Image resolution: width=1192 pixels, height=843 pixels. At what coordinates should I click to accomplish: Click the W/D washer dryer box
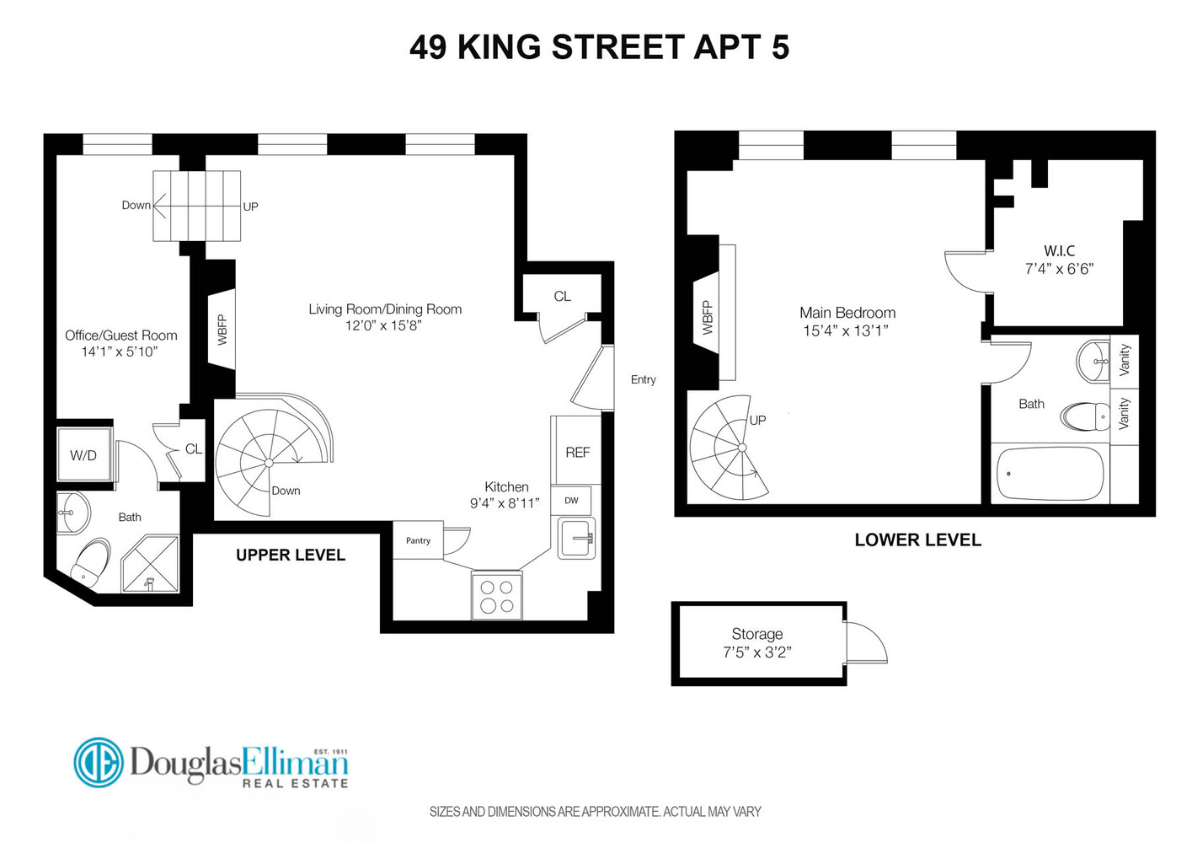pyautogui.click(x=83, y=455)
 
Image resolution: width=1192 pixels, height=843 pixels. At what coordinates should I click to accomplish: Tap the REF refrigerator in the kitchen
pyautogui.click(x=577, y=452)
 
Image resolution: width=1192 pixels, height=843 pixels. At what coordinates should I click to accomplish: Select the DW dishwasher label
pyautogui.click(x=571, y=500)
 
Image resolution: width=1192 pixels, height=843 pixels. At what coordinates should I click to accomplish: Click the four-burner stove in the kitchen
pyautogui.click(x=496, y=595)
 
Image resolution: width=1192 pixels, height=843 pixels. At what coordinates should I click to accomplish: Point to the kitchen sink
pyautogui.click(x=577, y=538)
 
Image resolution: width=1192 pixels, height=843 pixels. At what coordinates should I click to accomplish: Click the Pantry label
pyautogui.click(x=418, y=540)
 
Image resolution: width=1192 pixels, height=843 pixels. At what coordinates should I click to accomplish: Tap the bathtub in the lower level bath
pyautogui.click(x=1050, y=474)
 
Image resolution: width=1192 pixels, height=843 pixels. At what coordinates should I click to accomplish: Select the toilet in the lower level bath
pyautogui.click(x=1086, y=416)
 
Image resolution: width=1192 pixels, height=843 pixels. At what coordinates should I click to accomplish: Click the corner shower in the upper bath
pyautogui.click(x=150, y=563)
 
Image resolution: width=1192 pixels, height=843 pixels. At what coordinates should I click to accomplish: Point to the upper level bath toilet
pyautogui.click(x=90, y=562)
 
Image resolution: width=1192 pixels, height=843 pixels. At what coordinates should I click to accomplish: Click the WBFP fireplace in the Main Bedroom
pyautogui.click(x=707, y=318)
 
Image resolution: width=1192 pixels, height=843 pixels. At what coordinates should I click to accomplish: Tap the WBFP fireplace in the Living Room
pyautogui.click(x=222, y=329)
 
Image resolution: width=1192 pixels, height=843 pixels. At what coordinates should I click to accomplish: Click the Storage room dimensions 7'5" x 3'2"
pyautogui.click(x=756, y=652)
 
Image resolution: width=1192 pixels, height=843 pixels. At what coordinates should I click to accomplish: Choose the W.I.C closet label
pyautogui.click(x=1059, y=250)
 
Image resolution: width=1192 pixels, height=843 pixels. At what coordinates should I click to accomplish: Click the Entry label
pyautogui.click(x=643, y=379)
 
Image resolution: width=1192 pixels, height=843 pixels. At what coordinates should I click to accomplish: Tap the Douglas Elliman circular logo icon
pyautogui.click(x=99, y=762)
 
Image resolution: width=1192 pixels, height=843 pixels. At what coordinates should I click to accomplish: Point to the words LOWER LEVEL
pyautogui.click(x=917, y=540)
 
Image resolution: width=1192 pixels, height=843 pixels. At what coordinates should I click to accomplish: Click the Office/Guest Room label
pyautogui.click(x=121, y=335)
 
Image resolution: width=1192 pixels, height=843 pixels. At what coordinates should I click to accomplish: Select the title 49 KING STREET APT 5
pyautogui.click(x=599, y=47)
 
